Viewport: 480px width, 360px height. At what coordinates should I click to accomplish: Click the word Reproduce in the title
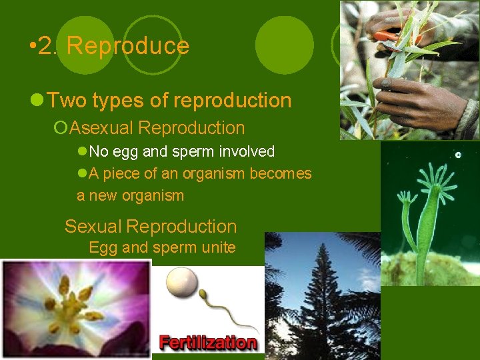128,46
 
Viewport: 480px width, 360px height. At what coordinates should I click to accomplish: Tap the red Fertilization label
208,343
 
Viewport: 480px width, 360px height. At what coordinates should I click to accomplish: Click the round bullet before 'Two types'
38,101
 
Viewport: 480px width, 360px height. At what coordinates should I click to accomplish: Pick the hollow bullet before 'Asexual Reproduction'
62,127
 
